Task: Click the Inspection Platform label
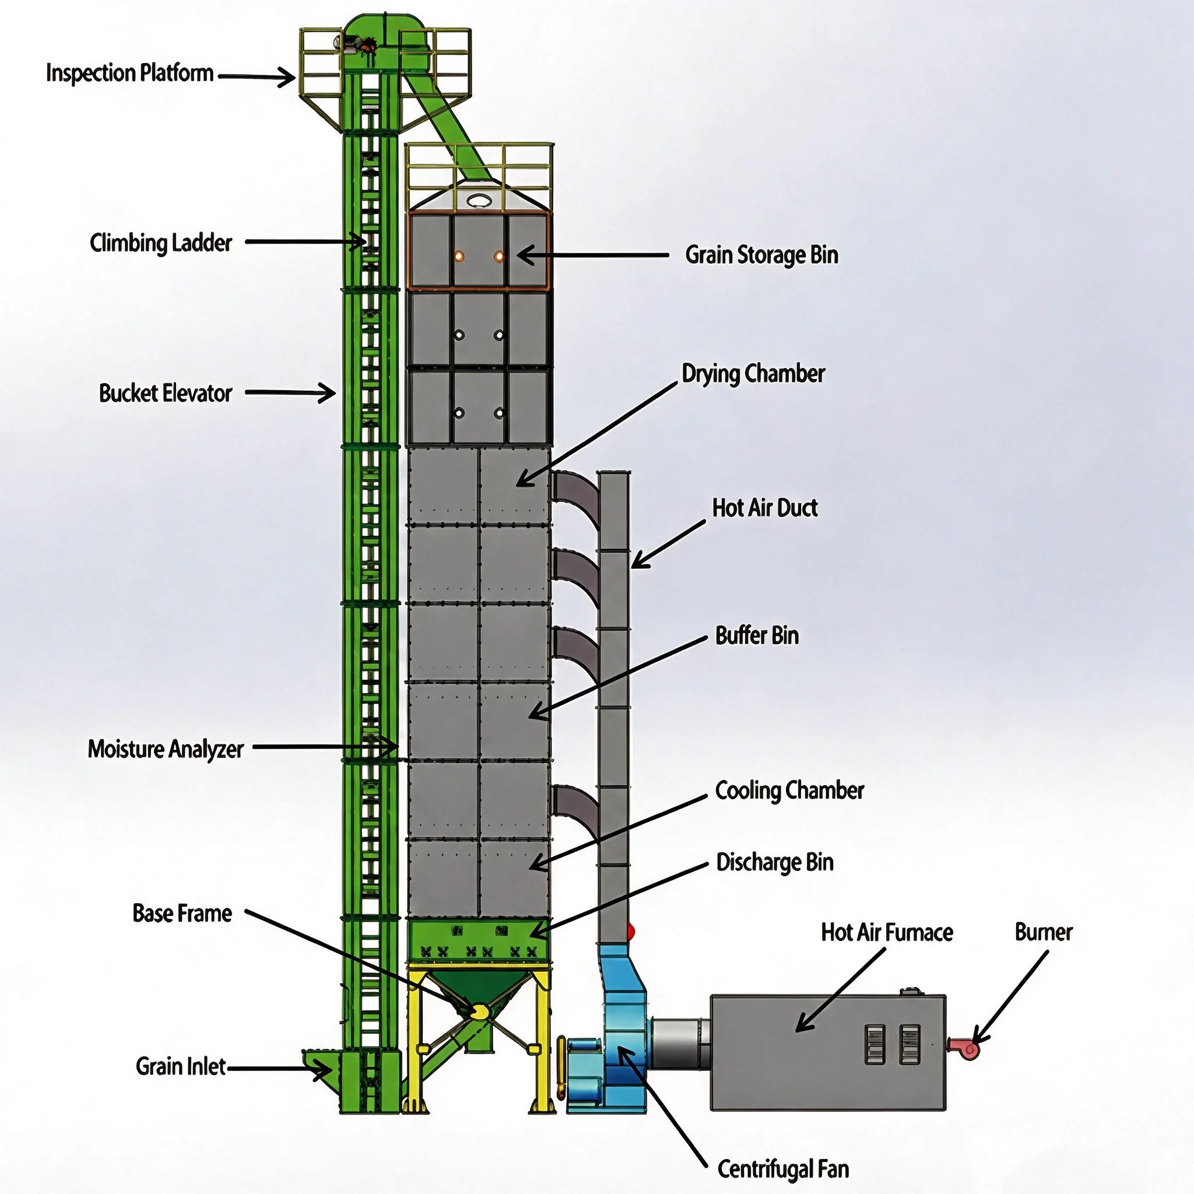pos(130,73)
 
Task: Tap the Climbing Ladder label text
pos(161,243)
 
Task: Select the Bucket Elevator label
pos(166,393)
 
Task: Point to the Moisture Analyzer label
pos(166,749)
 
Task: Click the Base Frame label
pos(182,914)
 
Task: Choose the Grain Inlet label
pos(181,1066)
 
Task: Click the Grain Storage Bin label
pos(762,255)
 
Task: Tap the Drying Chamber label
pos(753,373)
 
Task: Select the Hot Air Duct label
pos(765,507)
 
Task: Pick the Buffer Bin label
pos(757,635)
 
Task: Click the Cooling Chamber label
pos(790,791)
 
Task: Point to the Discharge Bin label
pos(775,862)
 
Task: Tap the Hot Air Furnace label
pos(887,932)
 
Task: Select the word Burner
pos(1044,932)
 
